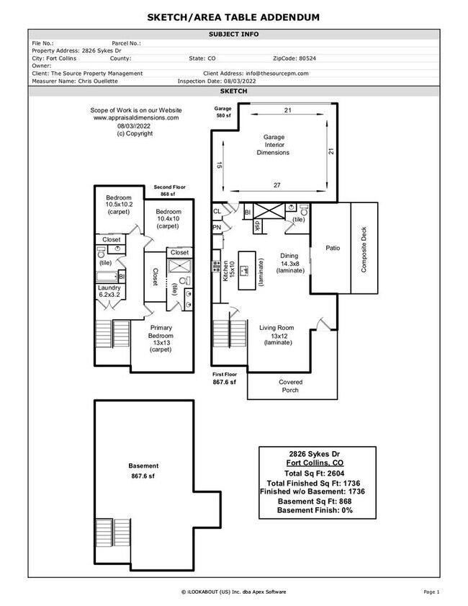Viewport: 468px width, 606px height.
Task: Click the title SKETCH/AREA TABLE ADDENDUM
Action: point(234,17)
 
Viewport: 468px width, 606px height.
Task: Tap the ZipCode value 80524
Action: point(307,58)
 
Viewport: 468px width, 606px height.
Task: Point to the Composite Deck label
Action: point(364,248)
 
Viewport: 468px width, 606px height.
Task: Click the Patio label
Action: point(332,248)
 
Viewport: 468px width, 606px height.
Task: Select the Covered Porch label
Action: point(291,386)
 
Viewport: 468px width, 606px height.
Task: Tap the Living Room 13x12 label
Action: point(277,335)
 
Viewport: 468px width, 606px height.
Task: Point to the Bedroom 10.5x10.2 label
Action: point(120,205)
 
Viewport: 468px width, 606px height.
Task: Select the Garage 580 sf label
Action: point(223,112)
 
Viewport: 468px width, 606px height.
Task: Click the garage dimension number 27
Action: point(277,185)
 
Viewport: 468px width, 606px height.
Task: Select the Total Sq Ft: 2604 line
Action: point(315,473)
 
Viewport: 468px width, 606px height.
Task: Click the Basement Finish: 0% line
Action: point(315,510)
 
